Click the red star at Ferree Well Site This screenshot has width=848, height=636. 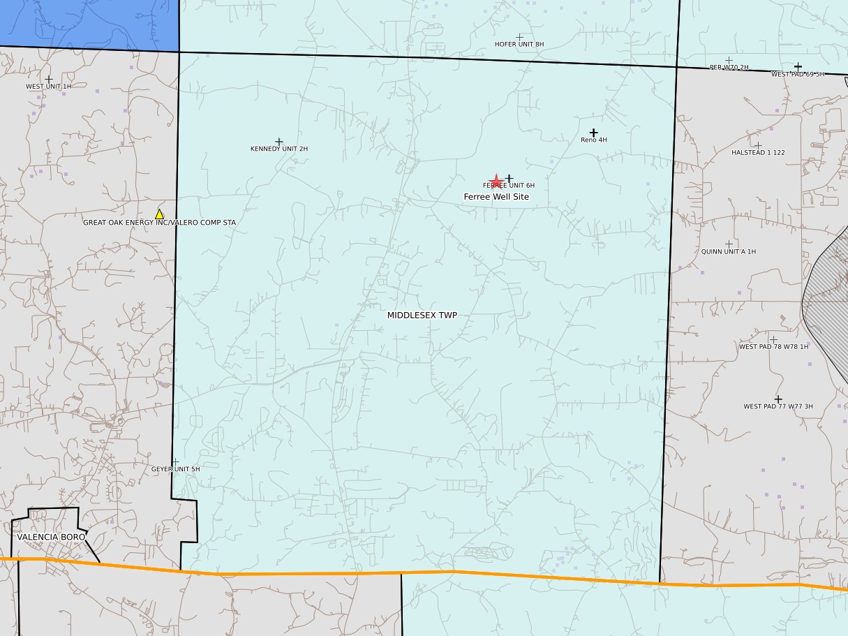pos(496,182)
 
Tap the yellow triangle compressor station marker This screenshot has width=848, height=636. pos(159,214)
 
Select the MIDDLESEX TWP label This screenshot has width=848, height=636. pos(422,316)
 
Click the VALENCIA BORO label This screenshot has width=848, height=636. pos(51,537)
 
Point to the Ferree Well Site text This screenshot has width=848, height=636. pos(496,197)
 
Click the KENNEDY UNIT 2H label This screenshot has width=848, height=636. pos(279,149)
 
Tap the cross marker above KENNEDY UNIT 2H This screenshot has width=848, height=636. pos(279,142)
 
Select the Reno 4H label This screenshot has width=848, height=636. pos(594,140)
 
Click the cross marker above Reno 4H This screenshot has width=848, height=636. pos(593,133)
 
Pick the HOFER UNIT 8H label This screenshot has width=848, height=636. pos(519,44)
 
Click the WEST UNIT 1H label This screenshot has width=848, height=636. pos(49,87)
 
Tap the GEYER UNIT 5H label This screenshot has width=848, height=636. pos(176,469)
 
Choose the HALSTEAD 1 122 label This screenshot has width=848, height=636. pos(758,152)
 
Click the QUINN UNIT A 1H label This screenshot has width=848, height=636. pos(729,251)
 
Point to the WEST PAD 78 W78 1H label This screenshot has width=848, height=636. pos(773,346)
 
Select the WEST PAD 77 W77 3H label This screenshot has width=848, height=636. pos(778,406)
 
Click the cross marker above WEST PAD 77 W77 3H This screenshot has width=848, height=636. pos(778,399)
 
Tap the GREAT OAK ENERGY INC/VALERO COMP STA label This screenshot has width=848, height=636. pos(160,223)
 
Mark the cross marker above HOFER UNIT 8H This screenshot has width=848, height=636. pos(519,37)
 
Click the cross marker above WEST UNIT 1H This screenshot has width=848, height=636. pos(49,80)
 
